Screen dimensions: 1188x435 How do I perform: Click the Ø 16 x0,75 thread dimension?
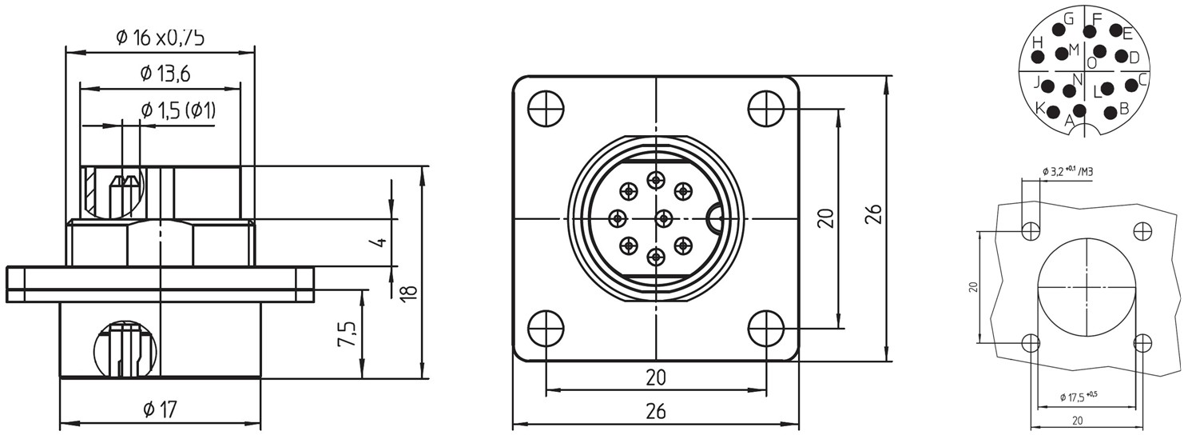tap(160, 37)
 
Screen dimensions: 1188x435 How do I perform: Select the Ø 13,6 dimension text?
tap(165, 74)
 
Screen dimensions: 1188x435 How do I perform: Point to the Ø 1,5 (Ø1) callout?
tap(178, 110)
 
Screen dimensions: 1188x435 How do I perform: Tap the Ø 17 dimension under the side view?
tap(160, 409)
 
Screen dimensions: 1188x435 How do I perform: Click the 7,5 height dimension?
tap(347, 333)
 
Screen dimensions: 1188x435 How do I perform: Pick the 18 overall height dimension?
tap(408, 293)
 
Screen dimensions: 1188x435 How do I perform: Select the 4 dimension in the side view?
tap(380, 242)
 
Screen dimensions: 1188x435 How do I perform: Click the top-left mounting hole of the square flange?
tap(546, 109)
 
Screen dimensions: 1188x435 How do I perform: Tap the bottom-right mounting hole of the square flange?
tap(766, 329)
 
